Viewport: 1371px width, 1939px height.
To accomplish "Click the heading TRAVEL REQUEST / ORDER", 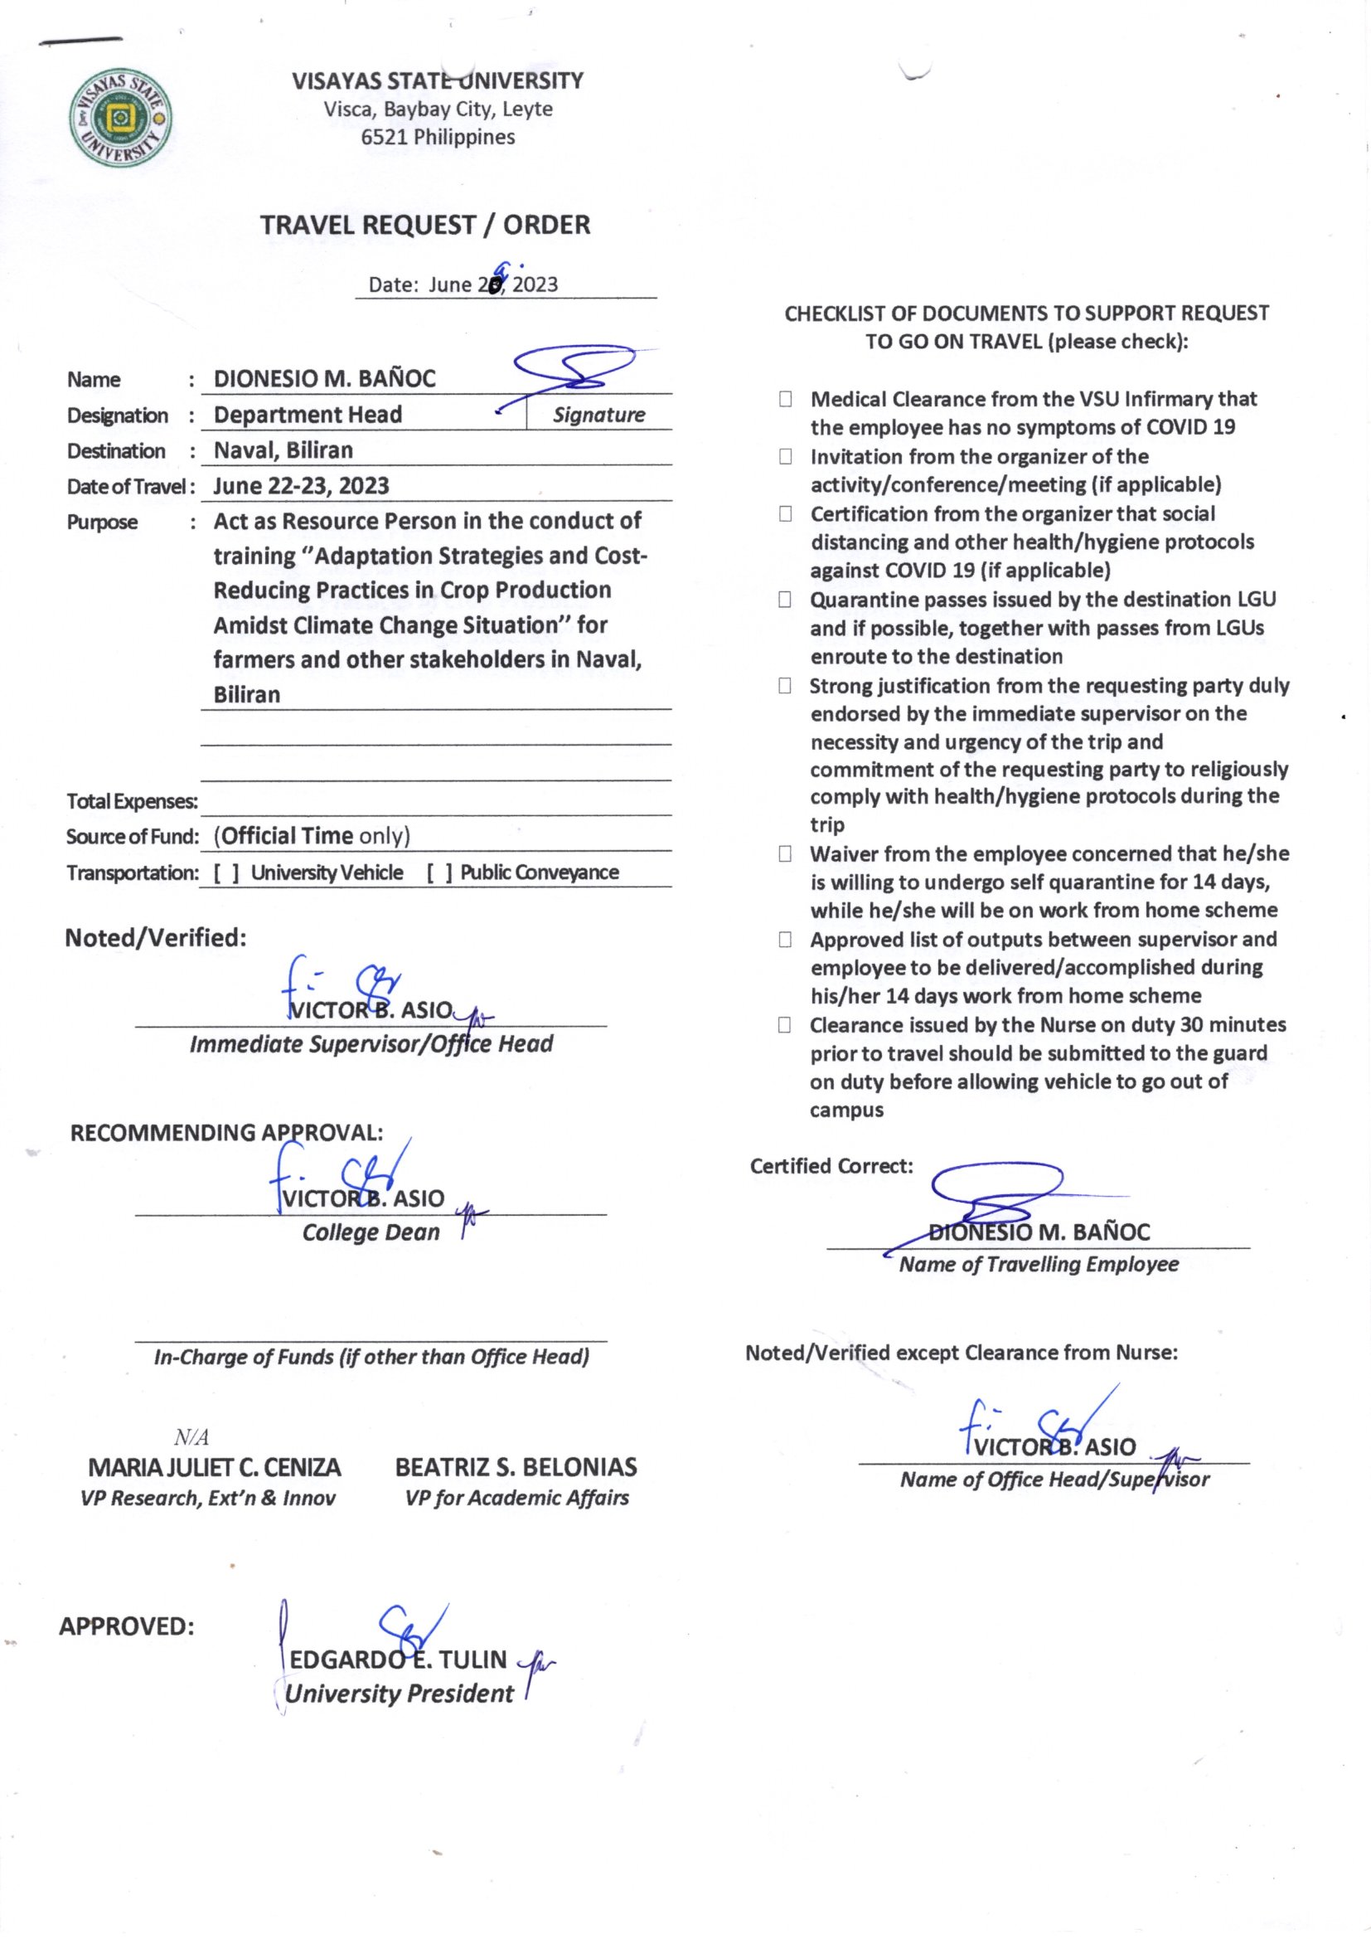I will point(424,226).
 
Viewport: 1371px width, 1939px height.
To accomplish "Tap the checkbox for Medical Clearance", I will point(785,400).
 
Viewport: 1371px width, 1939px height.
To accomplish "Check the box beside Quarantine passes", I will point(785,600).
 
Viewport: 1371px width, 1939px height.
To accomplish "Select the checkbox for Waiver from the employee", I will point(785,855).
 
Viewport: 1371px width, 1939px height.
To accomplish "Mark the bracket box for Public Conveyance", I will point(439,873).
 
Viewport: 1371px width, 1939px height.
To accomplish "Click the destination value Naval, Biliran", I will point(283,450).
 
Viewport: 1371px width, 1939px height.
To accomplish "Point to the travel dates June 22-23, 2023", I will point(301,487).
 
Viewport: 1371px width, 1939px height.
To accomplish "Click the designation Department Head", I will point(308,415).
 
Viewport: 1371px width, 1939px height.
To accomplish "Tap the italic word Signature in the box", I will point(598,415).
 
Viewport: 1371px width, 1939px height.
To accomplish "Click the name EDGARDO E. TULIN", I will point(398,1660).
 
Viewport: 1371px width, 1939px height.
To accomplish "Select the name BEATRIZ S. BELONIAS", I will point(516,1467).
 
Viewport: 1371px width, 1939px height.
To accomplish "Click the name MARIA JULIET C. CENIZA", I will point(215,1467).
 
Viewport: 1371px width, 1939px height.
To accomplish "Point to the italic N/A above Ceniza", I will point(191,1437).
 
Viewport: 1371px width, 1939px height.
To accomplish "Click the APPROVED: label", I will point(127,1626).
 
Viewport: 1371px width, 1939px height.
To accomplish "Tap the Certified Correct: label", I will point(831,1166).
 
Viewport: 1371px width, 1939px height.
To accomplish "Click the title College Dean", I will point(371,1232).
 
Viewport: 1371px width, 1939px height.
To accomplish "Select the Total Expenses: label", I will point(132,801).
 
